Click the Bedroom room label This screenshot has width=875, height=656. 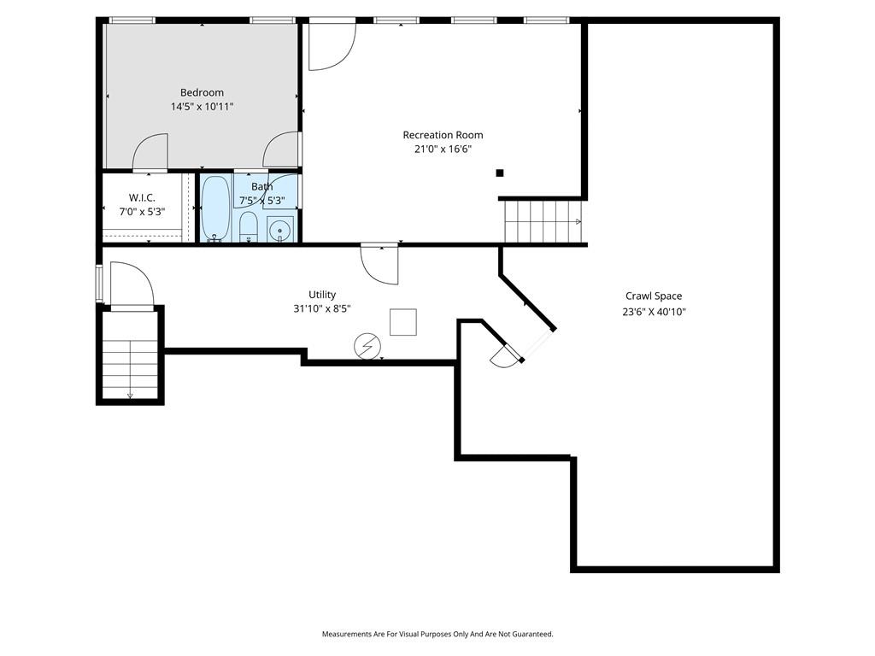[x=202, y=92]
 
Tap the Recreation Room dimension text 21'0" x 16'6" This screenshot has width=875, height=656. [x=443, y=149]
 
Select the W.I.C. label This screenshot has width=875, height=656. [x=143, y=197]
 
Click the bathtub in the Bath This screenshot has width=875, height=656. [x=214, y=208]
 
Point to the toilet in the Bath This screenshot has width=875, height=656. [x=249, y=226]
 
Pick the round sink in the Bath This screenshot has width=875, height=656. [x=279, y=229]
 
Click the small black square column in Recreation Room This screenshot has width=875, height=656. [x=500, y=173]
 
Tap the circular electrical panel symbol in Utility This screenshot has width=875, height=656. [x=367, y=346]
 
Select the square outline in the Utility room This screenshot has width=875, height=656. [x=403, y=322]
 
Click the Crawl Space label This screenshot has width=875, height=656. [x=654, y=296]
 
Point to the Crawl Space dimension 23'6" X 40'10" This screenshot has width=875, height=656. [x=654, y=312]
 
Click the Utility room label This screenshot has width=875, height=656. [x=322, y=295]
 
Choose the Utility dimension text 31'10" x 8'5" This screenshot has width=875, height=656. [x=322, y=308]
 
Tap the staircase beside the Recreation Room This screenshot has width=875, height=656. [x=543, y=221]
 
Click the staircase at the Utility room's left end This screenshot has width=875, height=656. [x=130, y=354]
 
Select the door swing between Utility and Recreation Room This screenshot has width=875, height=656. [x=380, y=264]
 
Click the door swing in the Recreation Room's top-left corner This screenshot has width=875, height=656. [x=332, y=46]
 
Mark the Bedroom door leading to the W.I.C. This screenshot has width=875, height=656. [x=150, y=151]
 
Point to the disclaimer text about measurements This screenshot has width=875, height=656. [x=437, y=634]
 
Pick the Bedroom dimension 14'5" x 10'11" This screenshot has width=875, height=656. [x=202, y=107]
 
